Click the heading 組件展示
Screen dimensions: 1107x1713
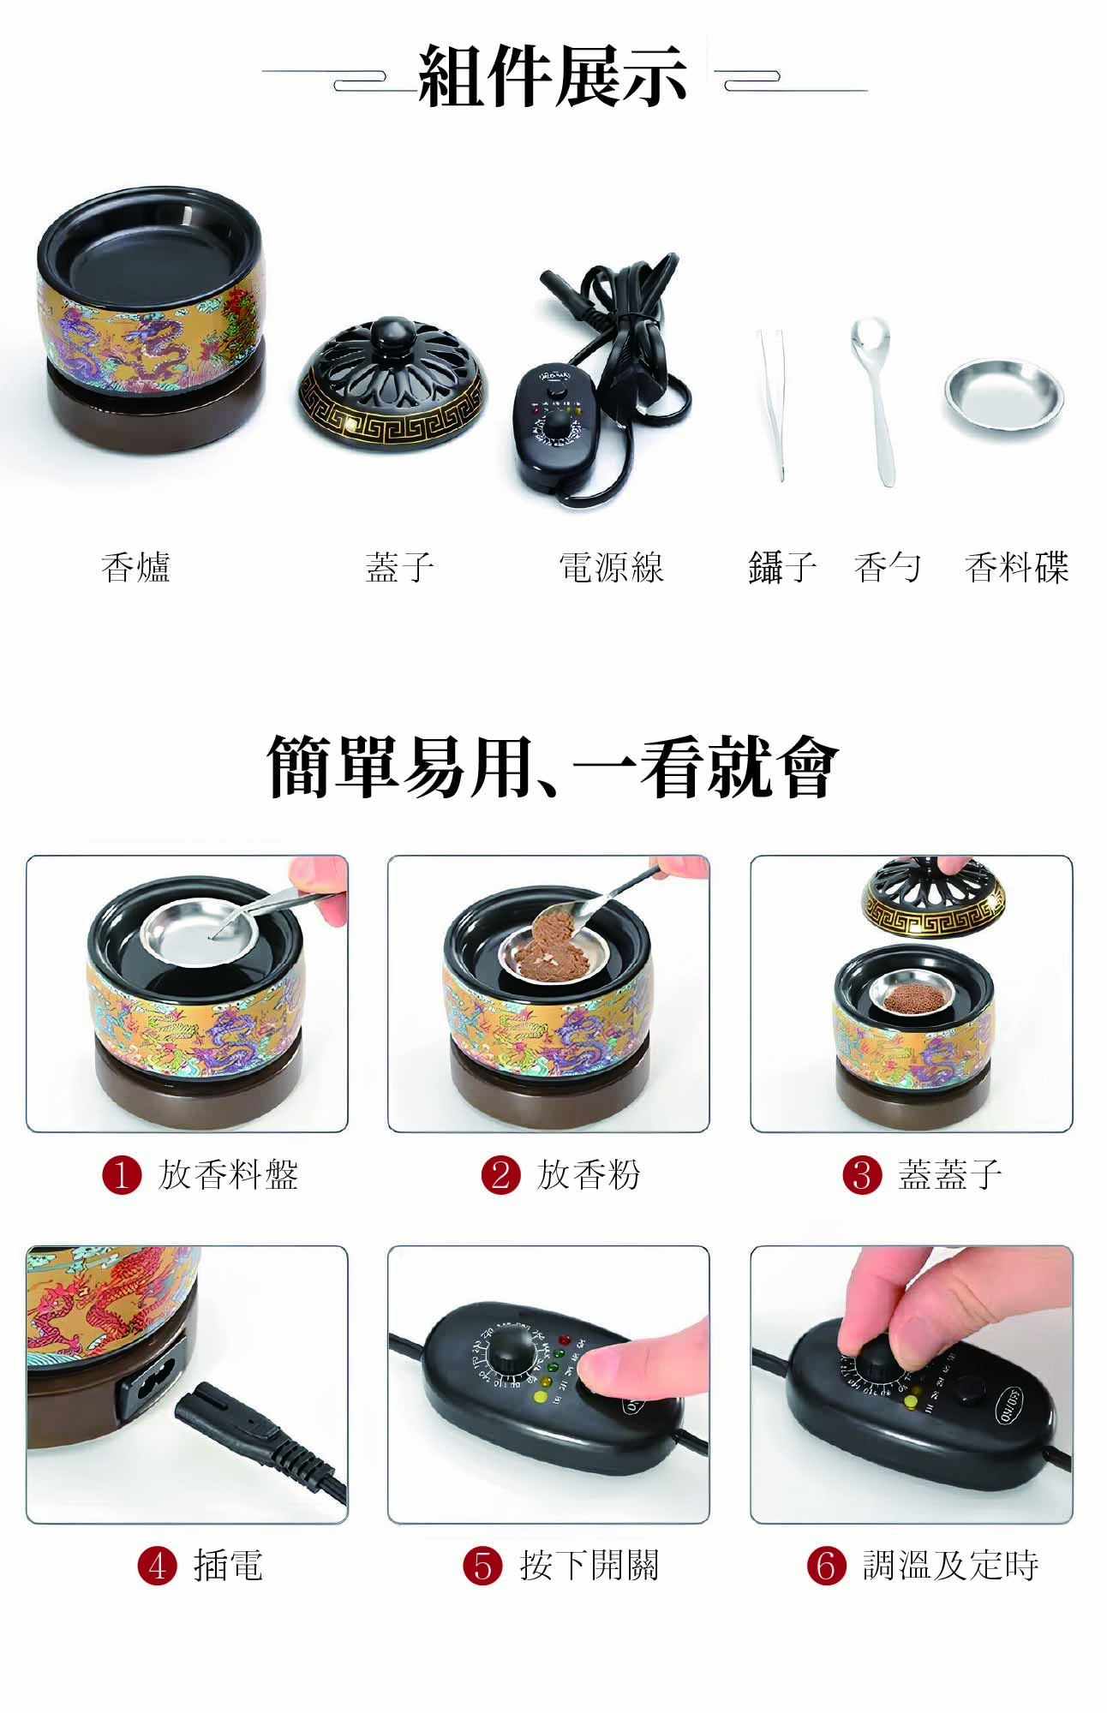click(553, 76)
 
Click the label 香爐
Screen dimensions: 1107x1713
click(135, 567)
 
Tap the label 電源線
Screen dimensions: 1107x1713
click(611, 567)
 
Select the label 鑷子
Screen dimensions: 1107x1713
click(781, 567)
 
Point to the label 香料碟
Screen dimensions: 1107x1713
click(1017, 567)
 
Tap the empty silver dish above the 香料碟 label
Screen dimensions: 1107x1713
click(1003, 398)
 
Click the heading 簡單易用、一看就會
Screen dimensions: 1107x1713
click(553, 767)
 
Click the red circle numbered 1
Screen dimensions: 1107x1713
click(122, 1174)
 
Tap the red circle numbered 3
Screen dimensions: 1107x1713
click(862, 1174)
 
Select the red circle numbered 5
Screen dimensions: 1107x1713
click(482, 1565)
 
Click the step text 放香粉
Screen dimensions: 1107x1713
click(589, 1174)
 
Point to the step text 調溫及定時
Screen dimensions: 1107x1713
click(951, 1565)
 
